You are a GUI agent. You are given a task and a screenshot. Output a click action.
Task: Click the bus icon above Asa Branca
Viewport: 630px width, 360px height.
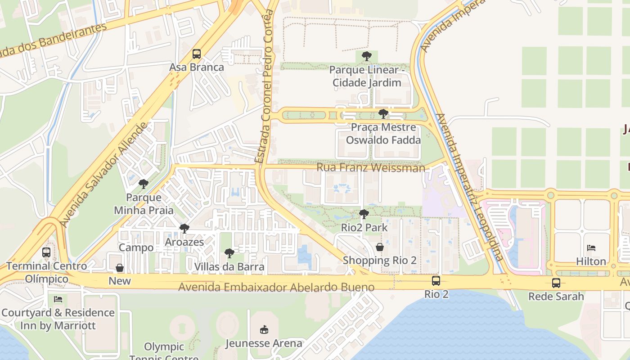tap(197, 54)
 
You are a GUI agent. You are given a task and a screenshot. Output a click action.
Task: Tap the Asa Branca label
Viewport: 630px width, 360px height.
tap(197, 67)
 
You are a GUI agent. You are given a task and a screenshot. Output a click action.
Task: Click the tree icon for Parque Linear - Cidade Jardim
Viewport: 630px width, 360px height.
tap(367, 56)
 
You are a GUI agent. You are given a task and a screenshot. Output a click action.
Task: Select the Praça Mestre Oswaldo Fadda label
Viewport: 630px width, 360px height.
tap(383, 134)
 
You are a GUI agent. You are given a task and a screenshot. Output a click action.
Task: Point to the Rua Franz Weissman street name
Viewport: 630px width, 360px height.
tap(371, 168)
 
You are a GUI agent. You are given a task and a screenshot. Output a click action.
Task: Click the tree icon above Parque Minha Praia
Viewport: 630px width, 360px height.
tap(144, 184)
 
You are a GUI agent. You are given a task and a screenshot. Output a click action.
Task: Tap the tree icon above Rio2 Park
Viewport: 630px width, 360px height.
tap(364, 214)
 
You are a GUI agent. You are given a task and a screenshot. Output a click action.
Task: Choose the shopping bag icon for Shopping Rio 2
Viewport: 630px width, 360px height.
tap(380, 247)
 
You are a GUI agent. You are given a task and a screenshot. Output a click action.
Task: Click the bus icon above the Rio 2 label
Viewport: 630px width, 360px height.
tap(436, 281)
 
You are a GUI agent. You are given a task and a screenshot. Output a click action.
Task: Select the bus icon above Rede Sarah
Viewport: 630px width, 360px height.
tap(556, 283)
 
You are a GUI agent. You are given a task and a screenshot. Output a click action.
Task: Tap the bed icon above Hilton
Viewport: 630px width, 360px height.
tap(591, 248)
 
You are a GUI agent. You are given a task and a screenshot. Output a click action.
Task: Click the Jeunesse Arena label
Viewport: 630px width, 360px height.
tap(264, 343)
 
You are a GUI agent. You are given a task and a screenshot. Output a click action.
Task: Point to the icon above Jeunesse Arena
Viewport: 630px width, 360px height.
tap(264, 330)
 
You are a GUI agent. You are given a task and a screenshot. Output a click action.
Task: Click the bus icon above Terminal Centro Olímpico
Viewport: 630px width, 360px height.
tap(46, 252)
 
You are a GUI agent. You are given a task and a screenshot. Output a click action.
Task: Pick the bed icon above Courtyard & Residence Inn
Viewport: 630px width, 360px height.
tap(58, 299)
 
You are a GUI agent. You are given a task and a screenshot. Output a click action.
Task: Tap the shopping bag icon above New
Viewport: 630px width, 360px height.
tap(120, 268)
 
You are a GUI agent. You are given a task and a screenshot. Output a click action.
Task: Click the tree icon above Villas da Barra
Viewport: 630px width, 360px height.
tap(229, 253)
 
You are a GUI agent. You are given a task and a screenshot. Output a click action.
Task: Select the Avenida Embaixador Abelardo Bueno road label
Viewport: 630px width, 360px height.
tap(276, 287)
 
